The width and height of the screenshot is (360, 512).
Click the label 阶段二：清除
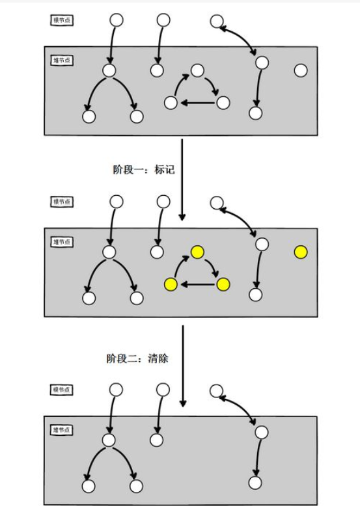(137, 358)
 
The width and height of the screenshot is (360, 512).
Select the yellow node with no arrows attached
(300, 252)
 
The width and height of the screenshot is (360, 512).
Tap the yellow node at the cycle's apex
(197, 252)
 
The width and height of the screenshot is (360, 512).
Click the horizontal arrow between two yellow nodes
(197, 284)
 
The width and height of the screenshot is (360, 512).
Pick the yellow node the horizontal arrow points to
(171, 284)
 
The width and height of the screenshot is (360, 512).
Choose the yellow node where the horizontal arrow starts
(223, 284)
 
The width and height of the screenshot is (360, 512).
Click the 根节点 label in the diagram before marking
(62, 20)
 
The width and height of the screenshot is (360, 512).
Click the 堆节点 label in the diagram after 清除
(62, 430)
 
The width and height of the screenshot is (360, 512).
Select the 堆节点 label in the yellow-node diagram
(62, 242)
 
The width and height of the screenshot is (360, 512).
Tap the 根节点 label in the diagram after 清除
(62, 390)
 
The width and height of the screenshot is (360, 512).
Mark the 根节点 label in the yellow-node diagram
(62, 202)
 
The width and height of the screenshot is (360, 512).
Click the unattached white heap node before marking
(300, 70)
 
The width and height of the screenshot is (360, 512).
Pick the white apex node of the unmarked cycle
(197, 70)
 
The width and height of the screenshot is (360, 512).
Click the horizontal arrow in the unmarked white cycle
(197, 102)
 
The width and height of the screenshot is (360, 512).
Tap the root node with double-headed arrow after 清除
(217, 391)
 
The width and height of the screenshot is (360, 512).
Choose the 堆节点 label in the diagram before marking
(62, 60)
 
